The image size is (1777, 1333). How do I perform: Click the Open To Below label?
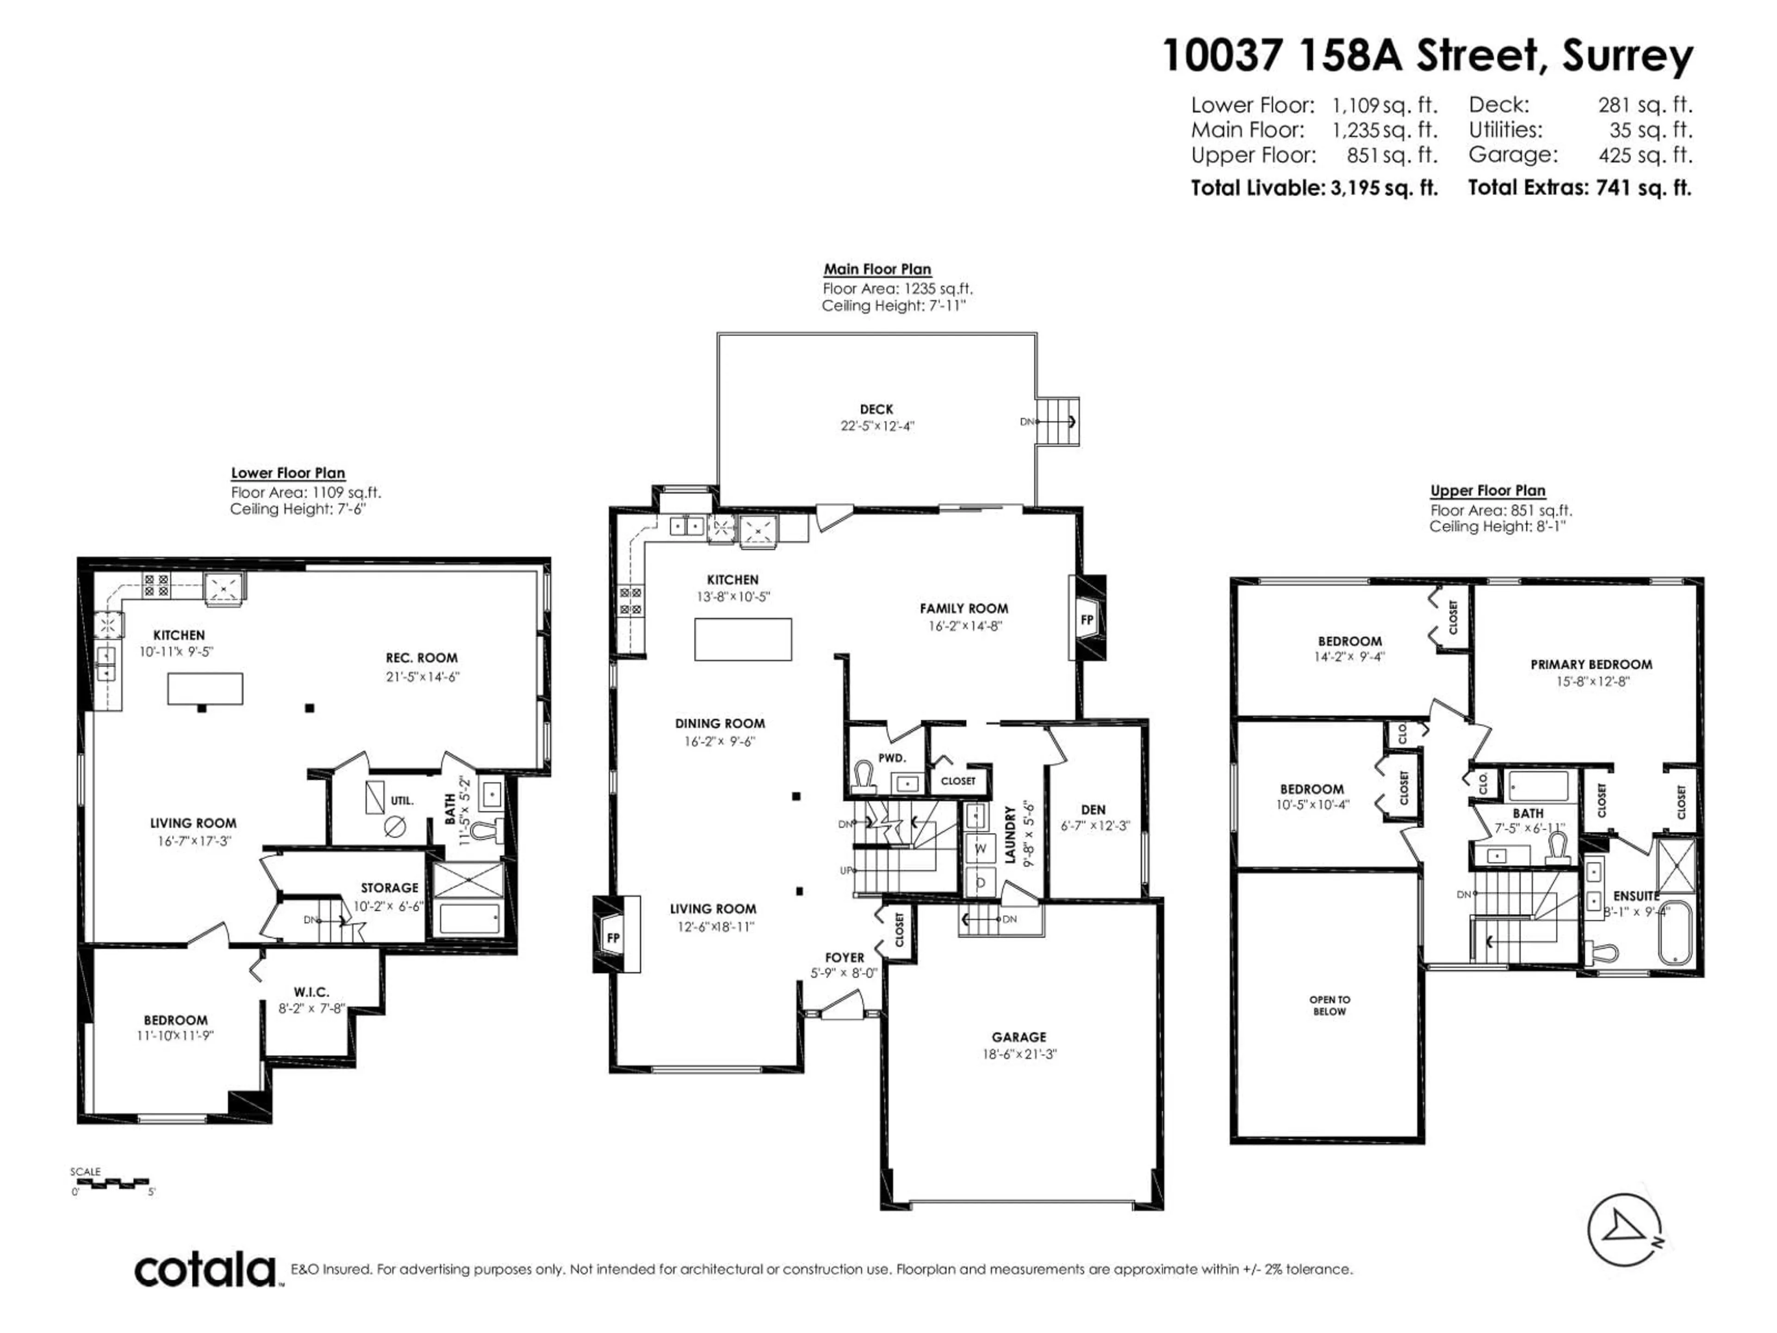[x=1330, y=1005]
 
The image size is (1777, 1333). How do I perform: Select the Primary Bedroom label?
[x=1591, y=665]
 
